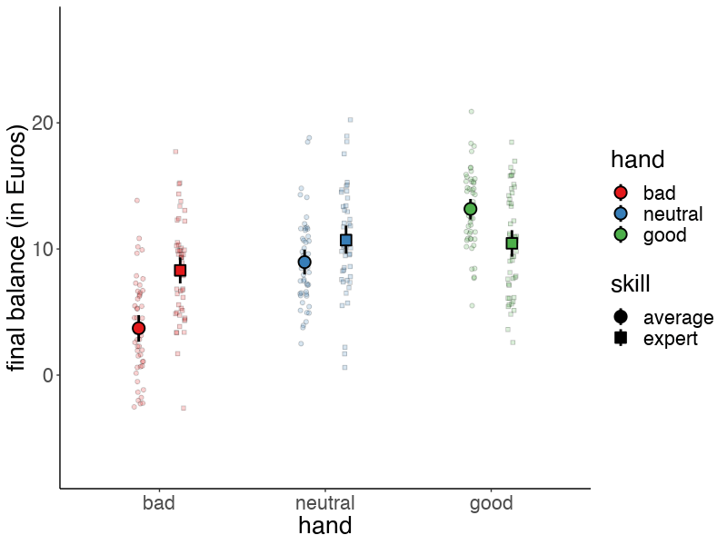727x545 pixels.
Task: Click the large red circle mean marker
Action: (138, 328)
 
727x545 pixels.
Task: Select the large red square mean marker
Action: (180, 271)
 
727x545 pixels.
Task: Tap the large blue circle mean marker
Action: (304, 262)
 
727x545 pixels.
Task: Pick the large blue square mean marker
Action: (346, 241)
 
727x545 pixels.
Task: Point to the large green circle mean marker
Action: (471, 209)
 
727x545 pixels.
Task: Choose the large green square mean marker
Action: (512, 243)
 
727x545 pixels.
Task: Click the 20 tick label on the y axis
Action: (43, 123)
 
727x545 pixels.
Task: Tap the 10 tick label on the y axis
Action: (43, 249)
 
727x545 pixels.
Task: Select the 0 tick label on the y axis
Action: (48, 375)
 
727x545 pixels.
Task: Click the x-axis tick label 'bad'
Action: (159, 503)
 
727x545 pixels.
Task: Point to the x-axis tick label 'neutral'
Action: (325, 503)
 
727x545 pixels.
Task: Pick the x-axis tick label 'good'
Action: (492, 503)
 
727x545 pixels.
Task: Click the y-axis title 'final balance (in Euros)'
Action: (17, 248)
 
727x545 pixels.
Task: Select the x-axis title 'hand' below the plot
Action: (325, 526)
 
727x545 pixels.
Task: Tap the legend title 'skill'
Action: (630, 284)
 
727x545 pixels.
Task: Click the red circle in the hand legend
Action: (621, 193)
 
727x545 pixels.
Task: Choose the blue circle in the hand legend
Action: (621, 213)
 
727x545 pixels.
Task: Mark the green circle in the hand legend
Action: (621, 234)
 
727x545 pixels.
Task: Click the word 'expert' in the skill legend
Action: (671, 339)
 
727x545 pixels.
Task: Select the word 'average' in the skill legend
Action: (678, 317)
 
